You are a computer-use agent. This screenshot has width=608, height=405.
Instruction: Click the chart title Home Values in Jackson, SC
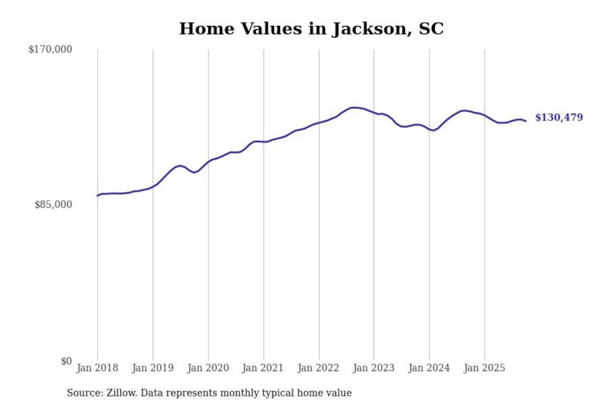[x=311, y=29]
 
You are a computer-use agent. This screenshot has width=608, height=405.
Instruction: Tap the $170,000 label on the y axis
[x=50, y=49]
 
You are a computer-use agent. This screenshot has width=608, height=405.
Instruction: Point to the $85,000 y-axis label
[x=53, y=205]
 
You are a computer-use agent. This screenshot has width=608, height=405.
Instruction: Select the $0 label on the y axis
[x=66, y=361]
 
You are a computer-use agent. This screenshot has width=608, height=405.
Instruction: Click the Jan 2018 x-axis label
[x=97, y=368]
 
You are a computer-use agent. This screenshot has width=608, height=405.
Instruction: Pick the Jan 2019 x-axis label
[x=152, y=368]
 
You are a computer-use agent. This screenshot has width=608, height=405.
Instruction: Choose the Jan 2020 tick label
[x=208, y=368]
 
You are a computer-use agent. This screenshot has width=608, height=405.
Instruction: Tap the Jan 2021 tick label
[x=263, y=368]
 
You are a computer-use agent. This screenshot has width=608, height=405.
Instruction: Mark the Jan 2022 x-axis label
[x=318, y=368]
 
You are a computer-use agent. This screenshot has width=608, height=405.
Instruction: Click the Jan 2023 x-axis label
[x=373, y=368]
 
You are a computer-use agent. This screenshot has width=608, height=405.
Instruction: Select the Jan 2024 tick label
[x=429, y=368]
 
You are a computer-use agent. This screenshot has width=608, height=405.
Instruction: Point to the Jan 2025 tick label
[x=484, y=368]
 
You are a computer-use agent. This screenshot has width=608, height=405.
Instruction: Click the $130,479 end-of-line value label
[x=559, y=117]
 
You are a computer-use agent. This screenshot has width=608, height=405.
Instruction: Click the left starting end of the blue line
[x=98, y=195]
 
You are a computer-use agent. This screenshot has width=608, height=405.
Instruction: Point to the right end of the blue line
[x=526, y=121]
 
